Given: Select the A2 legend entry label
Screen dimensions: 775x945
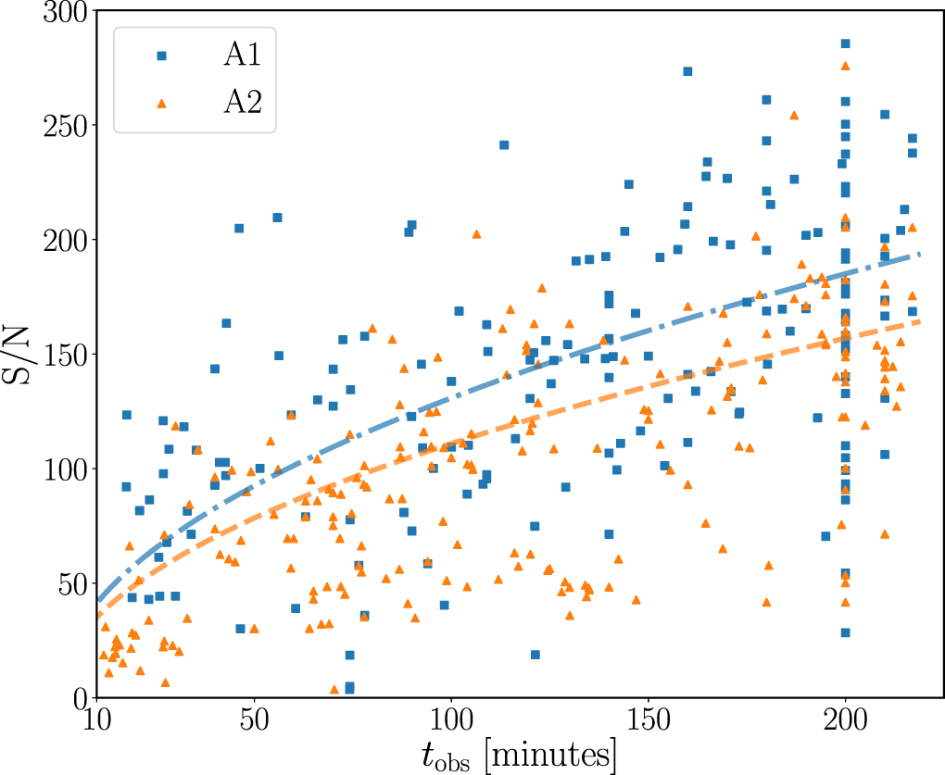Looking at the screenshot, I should pos(243,103).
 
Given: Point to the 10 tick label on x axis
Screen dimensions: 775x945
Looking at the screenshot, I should pos(95,722).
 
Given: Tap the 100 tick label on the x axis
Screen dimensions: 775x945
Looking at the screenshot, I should pos(450,722).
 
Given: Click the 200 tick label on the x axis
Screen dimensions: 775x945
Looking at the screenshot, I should pos(845,722).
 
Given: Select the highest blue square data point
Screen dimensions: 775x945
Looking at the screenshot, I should pos(845,44).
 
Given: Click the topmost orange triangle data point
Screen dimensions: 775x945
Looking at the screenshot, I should pos(845,66).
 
